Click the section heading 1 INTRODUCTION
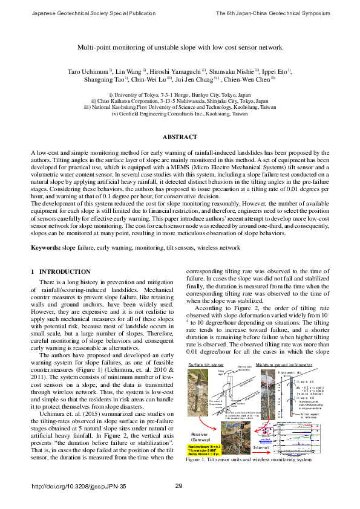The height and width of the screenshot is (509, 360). tap(61, 272)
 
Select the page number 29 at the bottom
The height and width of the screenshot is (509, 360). tap(178, 486)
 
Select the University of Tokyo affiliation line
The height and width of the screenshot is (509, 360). tap(180, 95)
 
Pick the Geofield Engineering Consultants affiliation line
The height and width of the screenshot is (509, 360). tap(180, 113)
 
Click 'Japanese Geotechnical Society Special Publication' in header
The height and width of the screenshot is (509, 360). tap(80, 13)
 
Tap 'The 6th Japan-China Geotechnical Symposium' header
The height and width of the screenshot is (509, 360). tap(273, 13)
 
